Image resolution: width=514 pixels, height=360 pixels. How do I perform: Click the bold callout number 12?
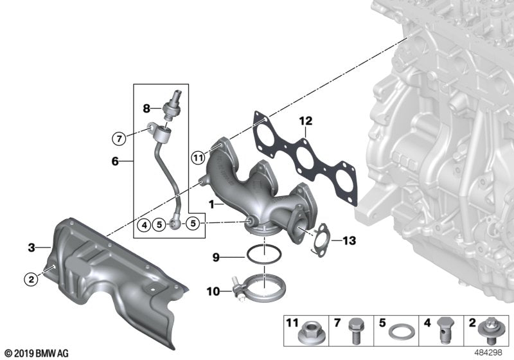click(x=305, y=121)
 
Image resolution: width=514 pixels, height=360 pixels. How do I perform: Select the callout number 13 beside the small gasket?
click(x=348, y=241)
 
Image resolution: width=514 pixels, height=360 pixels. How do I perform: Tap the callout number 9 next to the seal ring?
click(x=217, y=258)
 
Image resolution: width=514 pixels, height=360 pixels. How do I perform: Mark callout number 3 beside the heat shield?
click(x=31, y=246)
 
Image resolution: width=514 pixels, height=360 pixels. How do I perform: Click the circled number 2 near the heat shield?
click(x=30, y=279)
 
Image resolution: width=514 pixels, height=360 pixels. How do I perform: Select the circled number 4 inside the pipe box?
click(x=144, y=224)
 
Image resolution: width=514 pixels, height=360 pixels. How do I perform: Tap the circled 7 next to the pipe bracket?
click(x=118, y=138)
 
